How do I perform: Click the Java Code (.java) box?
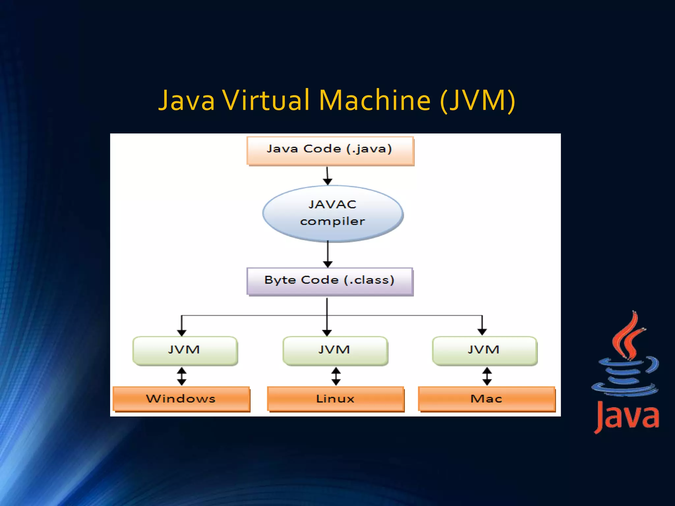click(330, 151)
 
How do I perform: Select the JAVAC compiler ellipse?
click(333, 213)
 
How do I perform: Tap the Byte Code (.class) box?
click(330, 281)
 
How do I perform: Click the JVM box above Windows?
click(185, 351)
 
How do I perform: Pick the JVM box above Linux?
click(335, 351)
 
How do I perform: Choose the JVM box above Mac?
click(484, 351)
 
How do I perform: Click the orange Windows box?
click(181, 399)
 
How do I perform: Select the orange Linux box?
click(336, 399)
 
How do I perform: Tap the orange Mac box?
click(486, 399)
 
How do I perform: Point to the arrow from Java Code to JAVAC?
click(327, 176)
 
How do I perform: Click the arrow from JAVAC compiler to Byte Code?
click(328, 254)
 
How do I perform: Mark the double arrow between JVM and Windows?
click(182, 376)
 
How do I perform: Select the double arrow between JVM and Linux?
click(336, 376)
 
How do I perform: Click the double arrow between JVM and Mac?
click(487, 376)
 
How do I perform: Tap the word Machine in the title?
click(375, 100)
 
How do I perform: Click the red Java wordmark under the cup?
click(627, 417)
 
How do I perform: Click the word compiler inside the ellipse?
click(333, 222)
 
